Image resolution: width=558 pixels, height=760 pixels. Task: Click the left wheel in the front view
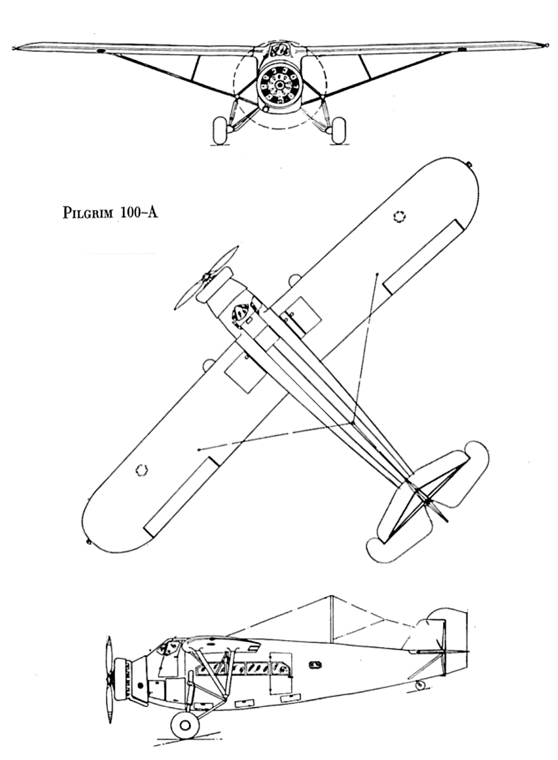(x=220, y=130)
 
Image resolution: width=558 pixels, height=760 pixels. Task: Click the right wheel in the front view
(x=338, y=130)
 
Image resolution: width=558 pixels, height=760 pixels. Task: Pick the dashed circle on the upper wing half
(x=400, y=216)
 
